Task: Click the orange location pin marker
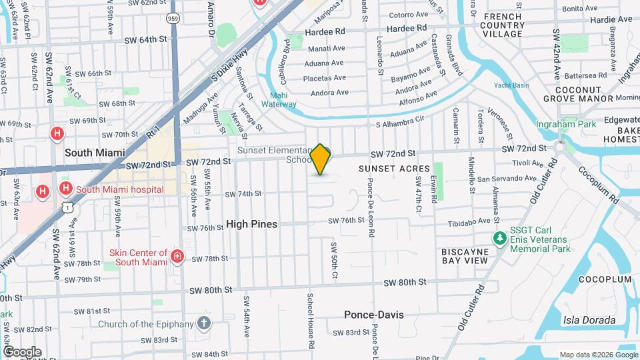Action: pyautogui.click(x=321, y=159)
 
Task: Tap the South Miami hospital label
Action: pyautogui.click(x=119, y=189)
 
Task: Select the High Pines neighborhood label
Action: pyautogui.click(x=251, y=224)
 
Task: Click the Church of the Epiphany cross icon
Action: pyautogui.click(x=203, y=324)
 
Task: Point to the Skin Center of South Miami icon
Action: pyautogui.click(x=177, y=257)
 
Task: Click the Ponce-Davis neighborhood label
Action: pyautogui.click(x=373, y=314)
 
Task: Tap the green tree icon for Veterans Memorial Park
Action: pyautogui.click(x=499, y=238)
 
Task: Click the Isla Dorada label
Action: pyautogui.click(x=589, y=319)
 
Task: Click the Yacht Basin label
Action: pyautogui.click(x=511, y=85)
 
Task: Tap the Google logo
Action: pyautogui.click(x=21, y=351)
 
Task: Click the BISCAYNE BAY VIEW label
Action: pyautogui.click(x=465, y=256)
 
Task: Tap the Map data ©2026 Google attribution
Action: pyautogui.click(x=597, y=355)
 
